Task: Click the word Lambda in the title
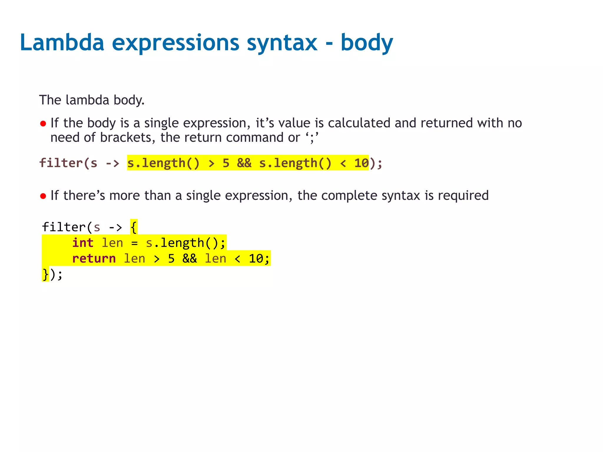tap(62, 43)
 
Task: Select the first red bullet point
tap(43, 124)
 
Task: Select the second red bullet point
tap(43, 196)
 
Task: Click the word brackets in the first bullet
tap(126, 137)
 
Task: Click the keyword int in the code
tap(83, 243)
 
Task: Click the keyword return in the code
tap(94, 258)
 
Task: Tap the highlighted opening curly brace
tap(134, 227)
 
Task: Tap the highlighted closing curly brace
tap(45, 274)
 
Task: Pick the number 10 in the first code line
tap(361, 163)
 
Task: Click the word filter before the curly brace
tap(64, 227)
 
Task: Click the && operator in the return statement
tap(190, 258)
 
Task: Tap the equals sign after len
tap(135, 243)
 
